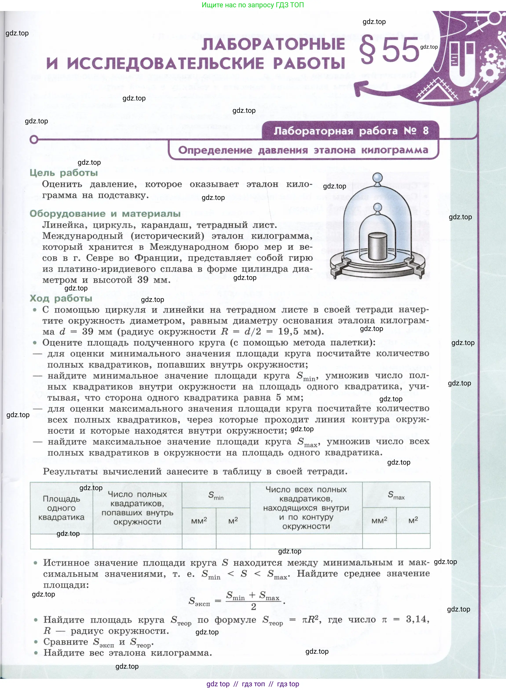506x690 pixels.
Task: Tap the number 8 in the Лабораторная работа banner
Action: tap(426, 131)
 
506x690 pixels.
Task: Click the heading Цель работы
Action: tap(64, 173)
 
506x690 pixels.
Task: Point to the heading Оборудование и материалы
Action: tap(105, 214)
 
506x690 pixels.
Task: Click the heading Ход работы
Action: tap(61, 298)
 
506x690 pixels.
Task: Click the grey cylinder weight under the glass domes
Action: tap(378, 246)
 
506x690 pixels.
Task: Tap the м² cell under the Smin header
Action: tap(233, 521)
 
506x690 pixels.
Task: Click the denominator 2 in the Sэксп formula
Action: tap(253, 607)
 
